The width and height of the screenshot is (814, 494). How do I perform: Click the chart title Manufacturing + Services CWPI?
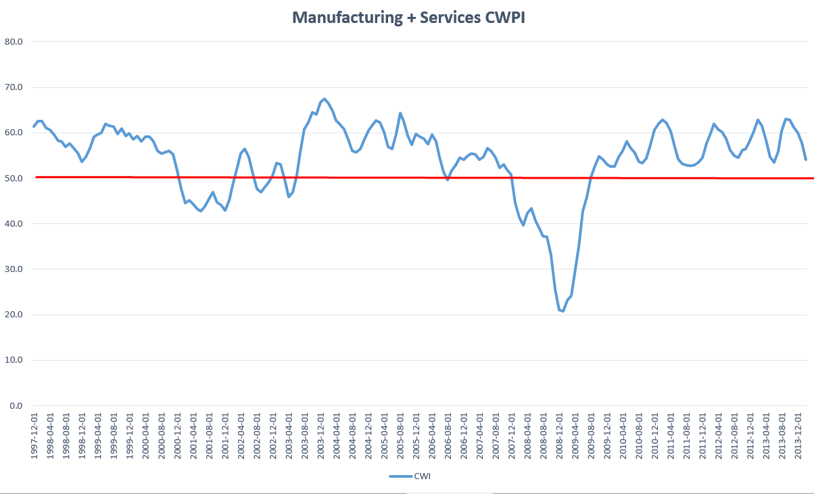point(408,18)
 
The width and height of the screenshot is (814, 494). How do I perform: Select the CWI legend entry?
point(410,476)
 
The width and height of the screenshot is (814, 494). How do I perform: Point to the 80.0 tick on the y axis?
point(14,41)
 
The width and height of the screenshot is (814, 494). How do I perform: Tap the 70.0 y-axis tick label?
point(14,87)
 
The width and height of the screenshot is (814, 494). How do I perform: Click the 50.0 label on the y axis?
point(14,178)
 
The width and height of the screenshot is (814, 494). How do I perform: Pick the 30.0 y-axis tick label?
point(14,269)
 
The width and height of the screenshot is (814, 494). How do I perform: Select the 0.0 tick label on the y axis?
point(16,406)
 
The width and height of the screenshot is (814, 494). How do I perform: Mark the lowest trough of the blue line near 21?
point(562,311)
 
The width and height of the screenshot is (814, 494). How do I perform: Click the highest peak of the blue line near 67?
point(325,99)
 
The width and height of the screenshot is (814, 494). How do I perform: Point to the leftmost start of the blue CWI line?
point(34,127)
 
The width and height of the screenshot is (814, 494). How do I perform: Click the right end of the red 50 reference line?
point(813,178)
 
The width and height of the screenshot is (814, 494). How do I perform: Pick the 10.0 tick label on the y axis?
point(14,360)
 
